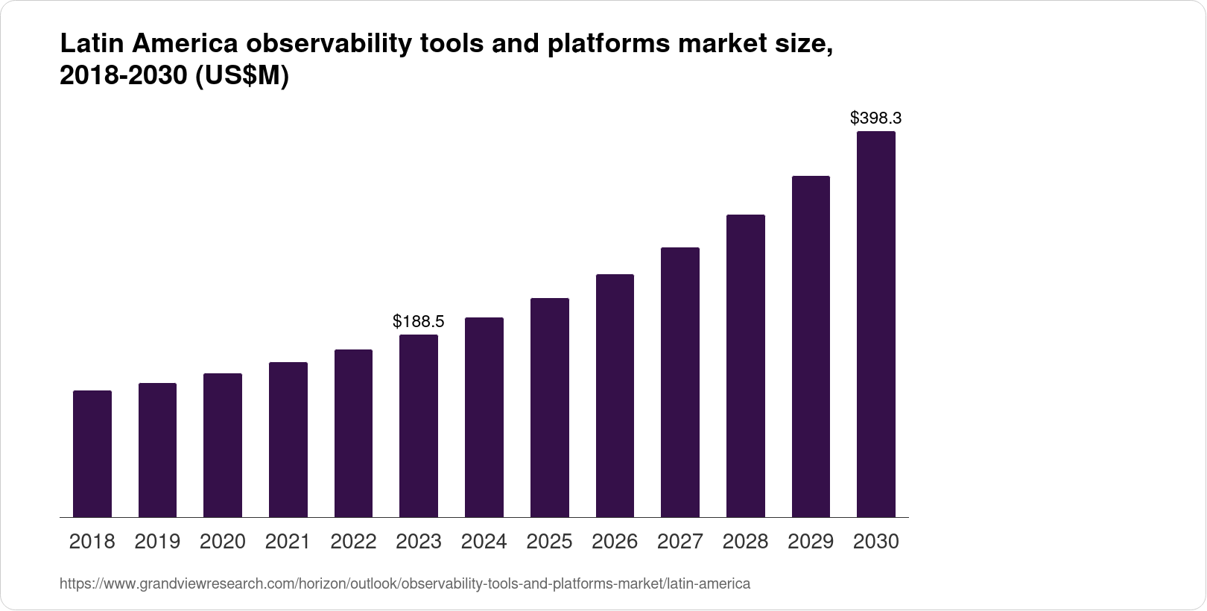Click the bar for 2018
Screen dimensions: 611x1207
[92, 454]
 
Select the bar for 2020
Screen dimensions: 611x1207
[223, 445]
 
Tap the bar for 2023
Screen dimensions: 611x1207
[419, 425]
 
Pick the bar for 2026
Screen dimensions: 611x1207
[615, 396]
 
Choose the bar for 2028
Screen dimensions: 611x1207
[745, 366]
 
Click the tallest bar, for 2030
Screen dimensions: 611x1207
[876, 324]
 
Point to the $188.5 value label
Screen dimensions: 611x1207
[419, 321]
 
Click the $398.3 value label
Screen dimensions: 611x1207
[876, 118]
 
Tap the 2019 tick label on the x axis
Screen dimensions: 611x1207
[157, 542]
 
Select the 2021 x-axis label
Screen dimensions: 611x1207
[288, 542]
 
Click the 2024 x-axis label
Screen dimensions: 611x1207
[484, 542]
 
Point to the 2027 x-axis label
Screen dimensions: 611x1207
[680, 542]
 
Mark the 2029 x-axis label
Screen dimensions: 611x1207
[811, 542]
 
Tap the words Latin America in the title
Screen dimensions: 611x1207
[149, 45]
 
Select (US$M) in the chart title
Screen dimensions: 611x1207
[241, 76]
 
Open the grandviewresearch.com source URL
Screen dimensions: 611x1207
[405, 583]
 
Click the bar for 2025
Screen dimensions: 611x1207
[549, 408]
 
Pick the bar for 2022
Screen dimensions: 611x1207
[353, 433]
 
